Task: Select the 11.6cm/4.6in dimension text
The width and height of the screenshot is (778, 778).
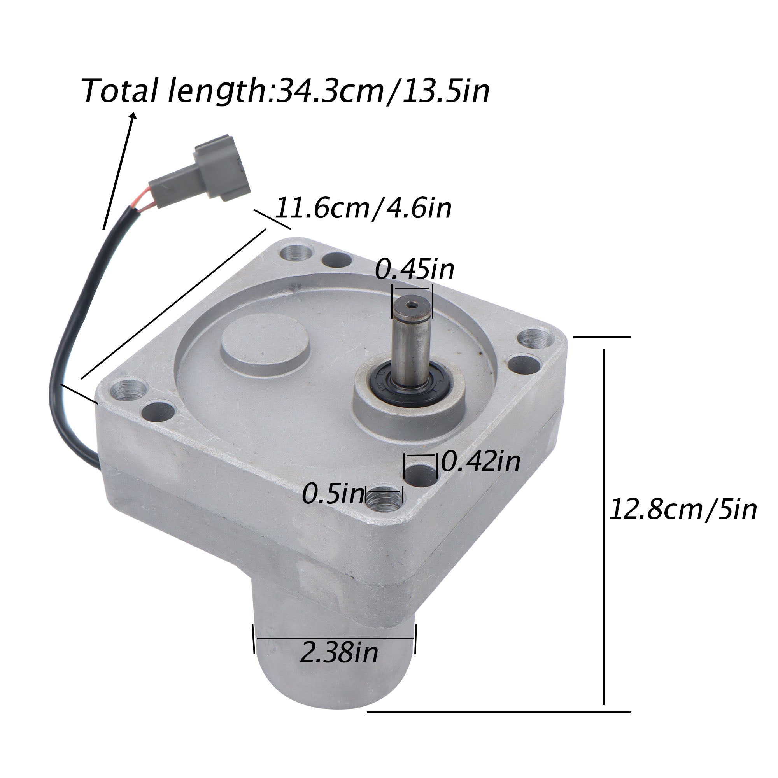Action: coord(363,208)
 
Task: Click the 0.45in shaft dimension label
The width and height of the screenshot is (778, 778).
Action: coord(414,270)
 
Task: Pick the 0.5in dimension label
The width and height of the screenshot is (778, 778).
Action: coord(333,494)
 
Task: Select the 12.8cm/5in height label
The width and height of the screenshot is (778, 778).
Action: coord(683,510)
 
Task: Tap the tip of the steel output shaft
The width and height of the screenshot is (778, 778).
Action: coord(412,306)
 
